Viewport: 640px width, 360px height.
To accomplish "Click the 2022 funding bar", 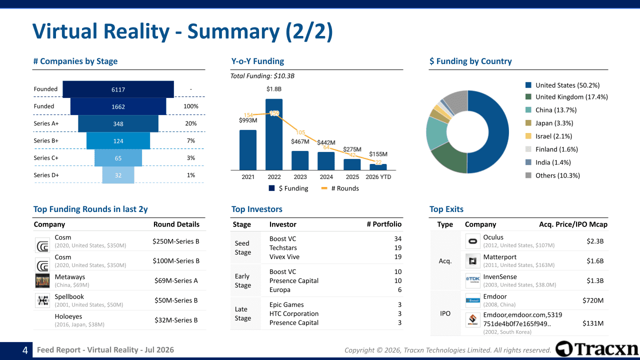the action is pos(274,134).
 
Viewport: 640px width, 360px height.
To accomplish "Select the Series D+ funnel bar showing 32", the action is pos(118,175).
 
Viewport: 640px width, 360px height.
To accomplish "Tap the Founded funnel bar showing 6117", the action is pos(118,89).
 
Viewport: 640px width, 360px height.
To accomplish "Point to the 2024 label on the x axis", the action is pos(326,177).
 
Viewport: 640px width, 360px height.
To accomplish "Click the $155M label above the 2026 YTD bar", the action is pos(378,154).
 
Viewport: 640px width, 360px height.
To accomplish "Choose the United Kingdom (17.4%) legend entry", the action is pos(566,97).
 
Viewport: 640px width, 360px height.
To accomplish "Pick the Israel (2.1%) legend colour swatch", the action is pos(528,136).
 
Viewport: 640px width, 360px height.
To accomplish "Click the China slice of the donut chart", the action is pos(436,133).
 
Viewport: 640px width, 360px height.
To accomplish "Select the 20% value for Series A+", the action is pos(191,123).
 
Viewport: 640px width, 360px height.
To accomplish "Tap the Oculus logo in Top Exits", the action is pos(473,241).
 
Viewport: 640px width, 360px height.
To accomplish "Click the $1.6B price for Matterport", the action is pos(595,261).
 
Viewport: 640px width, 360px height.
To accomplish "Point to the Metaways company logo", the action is pos(42,280).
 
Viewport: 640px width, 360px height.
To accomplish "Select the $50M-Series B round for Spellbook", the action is pos(176,300).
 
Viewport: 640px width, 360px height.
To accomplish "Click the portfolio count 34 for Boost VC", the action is pos(397,238).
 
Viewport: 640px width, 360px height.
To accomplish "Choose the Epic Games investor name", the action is pos(286,304).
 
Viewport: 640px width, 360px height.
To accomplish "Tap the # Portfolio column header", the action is pos(384,224).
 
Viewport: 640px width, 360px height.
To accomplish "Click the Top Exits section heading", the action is pos(446,209).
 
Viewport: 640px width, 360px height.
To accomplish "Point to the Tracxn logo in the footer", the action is pos(596,349).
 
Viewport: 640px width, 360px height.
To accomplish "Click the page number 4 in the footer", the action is pos(25,350).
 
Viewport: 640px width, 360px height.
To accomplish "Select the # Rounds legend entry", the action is pos(340,188).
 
